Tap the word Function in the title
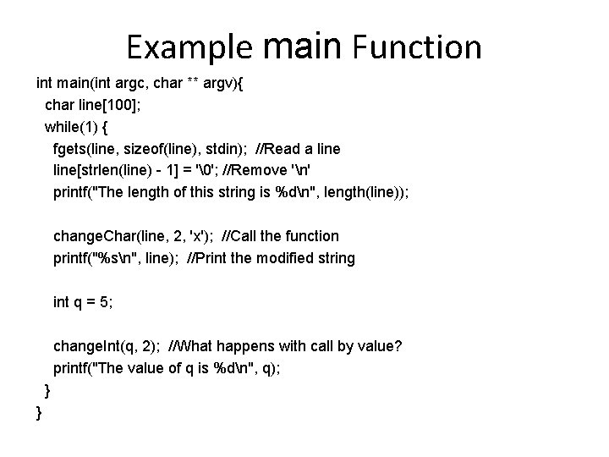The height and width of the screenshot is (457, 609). tap(420, 47)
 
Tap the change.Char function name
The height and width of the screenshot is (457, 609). tap(89, 236)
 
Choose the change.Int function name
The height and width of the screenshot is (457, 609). tap(86, 345)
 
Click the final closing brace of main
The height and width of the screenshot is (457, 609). tap(39, 411)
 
